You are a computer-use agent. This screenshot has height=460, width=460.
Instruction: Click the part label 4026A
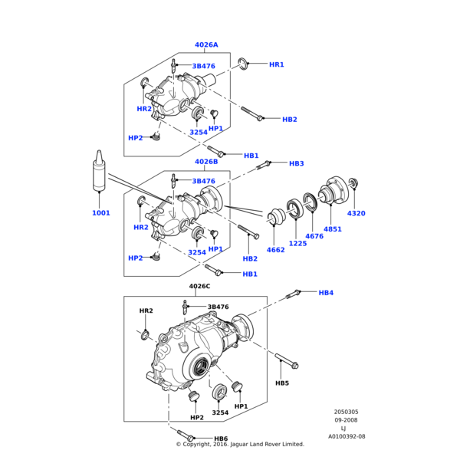pos(206,45)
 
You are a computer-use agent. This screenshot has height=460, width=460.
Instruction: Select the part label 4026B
pos(206,162)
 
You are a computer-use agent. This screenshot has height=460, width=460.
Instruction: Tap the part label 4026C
pos(199,286)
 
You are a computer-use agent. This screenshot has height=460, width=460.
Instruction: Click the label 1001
pos(101,212)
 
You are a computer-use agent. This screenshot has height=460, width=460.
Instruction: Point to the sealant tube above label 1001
pos(100,172)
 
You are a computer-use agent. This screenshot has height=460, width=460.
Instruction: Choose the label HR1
pos(277,64)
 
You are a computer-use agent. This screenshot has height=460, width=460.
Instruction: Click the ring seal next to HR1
pos(243,64)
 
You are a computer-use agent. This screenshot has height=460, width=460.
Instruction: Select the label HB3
pos(297,163)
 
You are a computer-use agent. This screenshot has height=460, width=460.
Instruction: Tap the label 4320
pos(356,213)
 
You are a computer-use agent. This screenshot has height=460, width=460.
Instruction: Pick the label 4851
pos(333,228)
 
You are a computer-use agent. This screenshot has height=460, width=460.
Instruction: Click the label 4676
pos(314,236)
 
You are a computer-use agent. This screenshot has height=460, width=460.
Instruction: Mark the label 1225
pos(297,243)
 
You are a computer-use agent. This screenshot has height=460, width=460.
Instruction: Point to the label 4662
pos(276,250)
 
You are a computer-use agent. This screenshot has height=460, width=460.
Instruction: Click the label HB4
pos(326,293)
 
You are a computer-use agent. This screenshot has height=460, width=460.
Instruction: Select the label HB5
pos(282,383)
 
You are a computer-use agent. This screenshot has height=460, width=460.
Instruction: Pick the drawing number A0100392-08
pos(347,435)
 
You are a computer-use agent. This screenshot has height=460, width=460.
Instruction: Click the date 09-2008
pos(346,419)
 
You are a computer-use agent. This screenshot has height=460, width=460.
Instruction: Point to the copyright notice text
pos(240,445)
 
